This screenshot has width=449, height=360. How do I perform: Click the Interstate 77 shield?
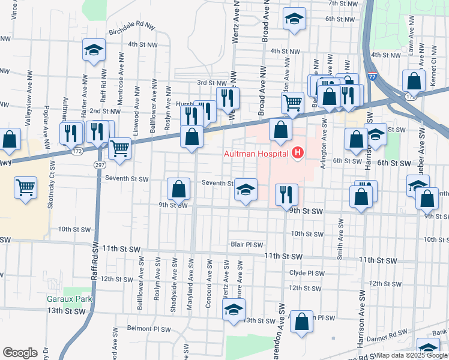pos(372,77)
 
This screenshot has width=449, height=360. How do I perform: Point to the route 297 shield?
pos(99,164)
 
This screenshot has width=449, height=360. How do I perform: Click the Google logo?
pos(20,353)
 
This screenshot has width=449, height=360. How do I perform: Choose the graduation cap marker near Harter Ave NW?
pos(94,50)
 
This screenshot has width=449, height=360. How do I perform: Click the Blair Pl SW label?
pos(247,245)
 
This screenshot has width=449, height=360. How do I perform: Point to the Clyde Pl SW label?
pos(307,273)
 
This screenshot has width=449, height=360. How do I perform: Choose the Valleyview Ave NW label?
pos(28,109)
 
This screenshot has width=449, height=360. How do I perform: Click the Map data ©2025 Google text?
pos(411,355)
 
